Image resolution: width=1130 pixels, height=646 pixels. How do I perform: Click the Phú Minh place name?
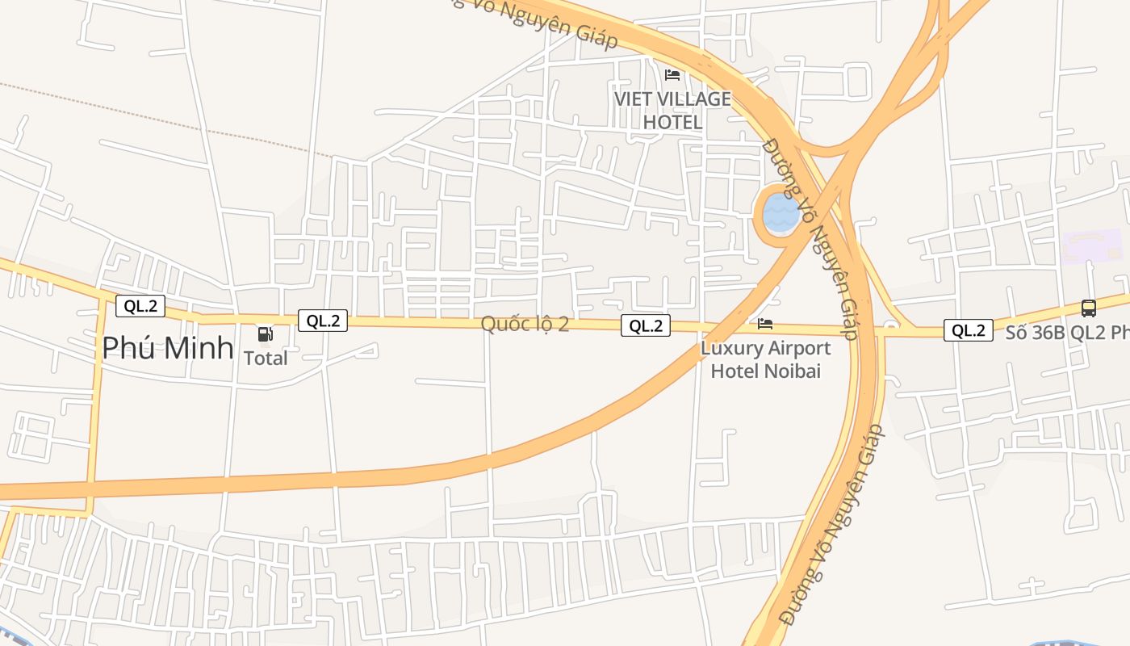coord(168,349)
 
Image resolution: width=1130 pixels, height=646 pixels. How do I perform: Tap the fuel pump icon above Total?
coord(265,334)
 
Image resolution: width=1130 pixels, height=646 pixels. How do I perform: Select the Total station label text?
coord(266,358)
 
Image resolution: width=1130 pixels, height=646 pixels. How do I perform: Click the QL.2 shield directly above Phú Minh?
coord(140,306)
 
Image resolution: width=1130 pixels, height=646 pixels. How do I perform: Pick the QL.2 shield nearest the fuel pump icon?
coord(323,321)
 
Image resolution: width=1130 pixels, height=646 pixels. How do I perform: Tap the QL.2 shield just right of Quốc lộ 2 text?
coord(646,325)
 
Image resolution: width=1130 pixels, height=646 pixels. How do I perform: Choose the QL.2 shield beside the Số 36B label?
coord(968,330)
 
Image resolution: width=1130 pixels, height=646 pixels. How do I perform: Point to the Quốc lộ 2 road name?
coord(525,324)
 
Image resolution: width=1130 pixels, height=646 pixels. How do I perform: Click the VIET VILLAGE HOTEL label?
coord(672,111)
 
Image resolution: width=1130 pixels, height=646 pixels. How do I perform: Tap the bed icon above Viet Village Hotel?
coord(672,75)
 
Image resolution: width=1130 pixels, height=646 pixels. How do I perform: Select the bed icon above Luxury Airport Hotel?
coord(765,324)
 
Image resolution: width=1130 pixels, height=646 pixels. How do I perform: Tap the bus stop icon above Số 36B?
coord(1088,308)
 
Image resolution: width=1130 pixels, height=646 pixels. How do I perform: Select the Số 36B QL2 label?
coord(1065,332)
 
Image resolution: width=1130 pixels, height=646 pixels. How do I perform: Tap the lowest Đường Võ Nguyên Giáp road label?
coord(831,525)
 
